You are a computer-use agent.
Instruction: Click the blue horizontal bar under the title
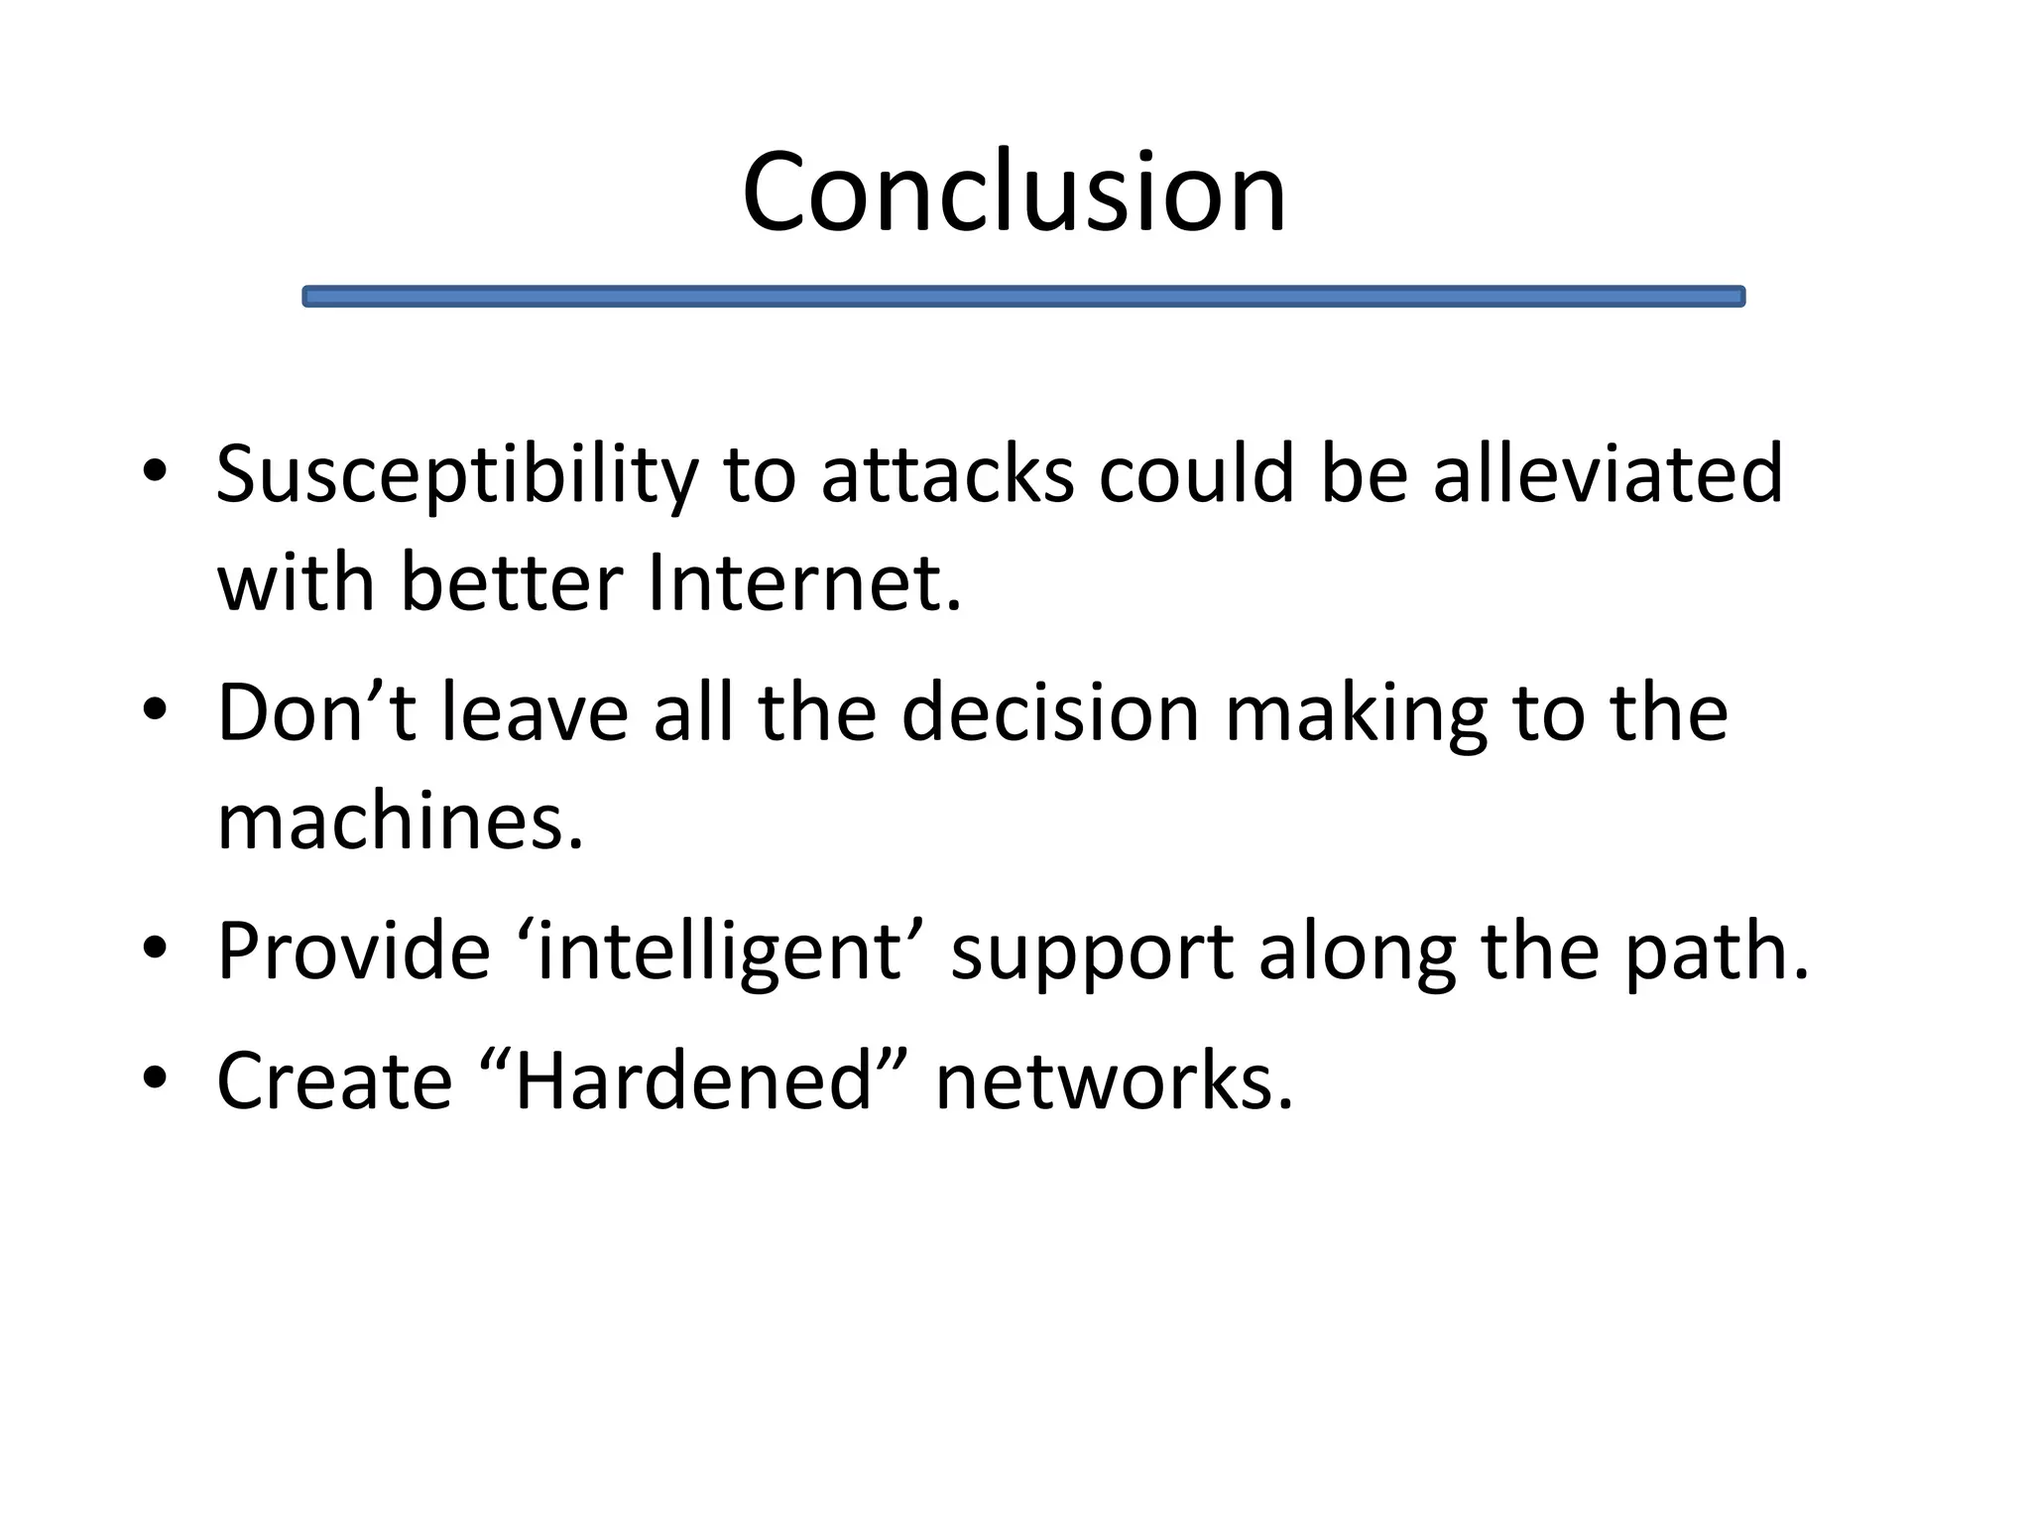1022,297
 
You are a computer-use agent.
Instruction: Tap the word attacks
947,475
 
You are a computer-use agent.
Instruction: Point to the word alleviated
1608,473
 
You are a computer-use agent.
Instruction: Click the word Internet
804,582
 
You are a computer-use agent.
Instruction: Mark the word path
1716,952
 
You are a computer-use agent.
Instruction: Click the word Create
334,1081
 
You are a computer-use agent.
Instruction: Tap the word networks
1114,1081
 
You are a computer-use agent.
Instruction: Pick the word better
511,582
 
